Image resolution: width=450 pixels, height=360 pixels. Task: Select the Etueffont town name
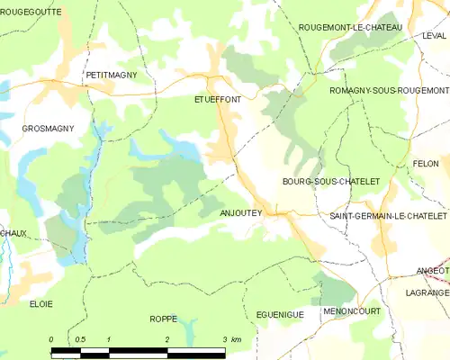(x=218, y=101)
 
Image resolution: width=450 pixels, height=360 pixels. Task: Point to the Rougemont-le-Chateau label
(x=350, y=28)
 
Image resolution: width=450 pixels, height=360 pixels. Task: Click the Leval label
(x=434, y=35)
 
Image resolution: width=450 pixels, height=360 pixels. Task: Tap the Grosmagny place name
(x=48, y=130)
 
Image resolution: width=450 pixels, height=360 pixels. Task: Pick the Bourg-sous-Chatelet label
(x=331, y=182)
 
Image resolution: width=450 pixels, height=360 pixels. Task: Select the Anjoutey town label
(x=240, y=213)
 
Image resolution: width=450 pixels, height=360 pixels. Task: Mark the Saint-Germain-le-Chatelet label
(x=388, y=217)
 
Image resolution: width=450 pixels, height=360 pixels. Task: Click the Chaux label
(x=13, y=233)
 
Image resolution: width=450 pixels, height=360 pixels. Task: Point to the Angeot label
(x=432, y=270)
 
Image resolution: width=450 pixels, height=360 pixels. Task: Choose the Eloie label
(x=41, y=304)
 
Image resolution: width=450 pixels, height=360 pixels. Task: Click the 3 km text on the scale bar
(x=230, y=339)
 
